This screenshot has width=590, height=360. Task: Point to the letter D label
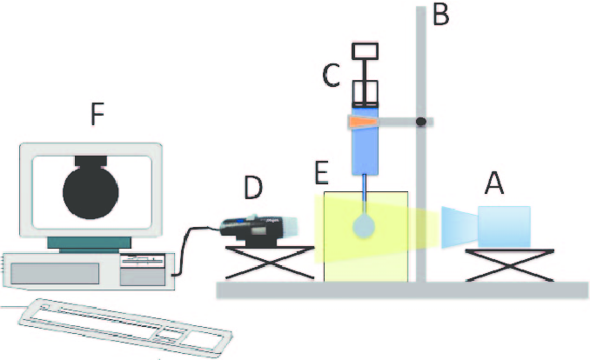tap(252, 186)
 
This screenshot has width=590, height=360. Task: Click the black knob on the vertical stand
tap(421, 123)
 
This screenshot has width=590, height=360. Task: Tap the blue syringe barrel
tap(364, 148)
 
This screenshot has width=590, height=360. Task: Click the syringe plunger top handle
tap(364, 51)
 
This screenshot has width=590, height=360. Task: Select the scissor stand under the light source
tap(508, 264)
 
